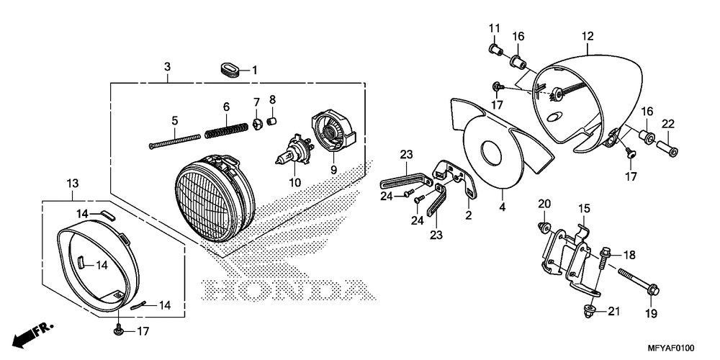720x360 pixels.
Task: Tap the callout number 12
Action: coord(588,35)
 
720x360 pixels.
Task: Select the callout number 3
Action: coord(167,67)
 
